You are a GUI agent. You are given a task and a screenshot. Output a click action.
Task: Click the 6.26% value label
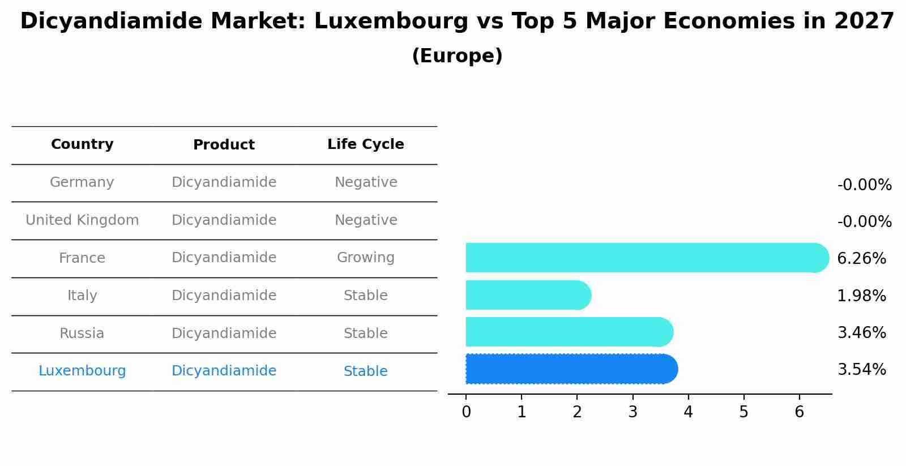tap(861, 259)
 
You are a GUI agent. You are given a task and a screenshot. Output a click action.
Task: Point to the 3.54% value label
tap(861, 370)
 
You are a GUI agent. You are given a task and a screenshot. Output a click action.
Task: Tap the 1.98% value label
tap(861, 296)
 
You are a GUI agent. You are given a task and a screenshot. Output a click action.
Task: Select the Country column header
tap(82, 144)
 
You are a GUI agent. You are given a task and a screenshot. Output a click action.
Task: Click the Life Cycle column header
tap(366, 144)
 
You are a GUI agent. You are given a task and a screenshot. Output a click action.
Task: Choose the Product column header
tap(224, 145)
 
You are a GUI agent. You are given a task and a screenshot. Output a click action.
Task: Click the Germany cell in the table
tap(82, 182)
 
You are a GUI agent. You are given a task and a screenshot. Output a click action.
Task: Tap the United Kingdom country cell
tap(82, 220)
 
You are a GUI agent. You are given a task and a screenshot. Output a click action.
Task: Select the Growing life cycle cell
tap(366, 258)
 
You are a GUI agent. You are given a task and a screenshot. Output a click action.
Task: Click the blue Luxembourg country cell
tap(82, 371)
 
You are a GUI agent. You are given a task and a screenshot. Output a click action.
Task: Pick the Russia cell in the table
tap(82, 334)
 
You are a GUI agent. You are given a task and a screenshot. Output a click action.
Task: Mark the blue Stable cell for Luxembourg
tap(366, 371)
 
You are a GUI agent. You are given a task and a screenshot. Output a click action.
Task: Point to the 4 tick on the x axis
tap(688, 412)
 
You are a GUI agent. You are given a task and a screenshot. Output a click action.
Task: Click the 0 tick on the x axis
tap(466, 412)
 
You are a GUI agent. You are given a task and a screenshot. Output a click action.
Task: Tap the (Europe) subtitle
tap(457, 56)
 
